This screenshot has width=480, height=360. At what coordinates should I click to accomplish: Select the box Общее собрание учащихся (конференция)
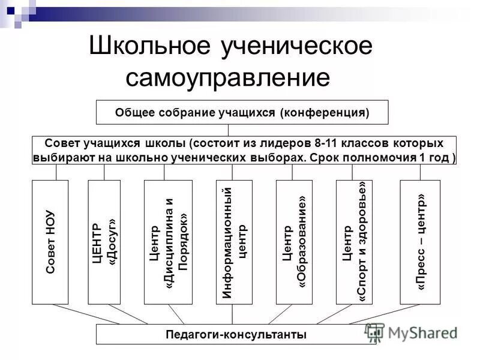coord(242,112)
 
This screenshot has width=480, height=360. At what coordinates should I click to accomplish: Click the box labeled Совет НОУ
coord(50,242)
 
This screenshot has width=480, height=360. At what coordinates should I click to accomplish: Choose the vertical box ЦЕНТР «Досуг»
coord(104,242)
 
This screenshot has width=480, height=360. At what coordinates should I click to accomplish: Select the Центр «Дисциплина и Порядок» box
coord(168,242)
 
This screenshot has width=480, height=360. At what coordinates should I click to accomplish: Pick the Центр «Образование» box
coord(294,242)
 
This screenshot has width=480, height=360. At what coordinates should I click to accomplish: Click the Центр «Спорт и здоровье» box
coord(354,242)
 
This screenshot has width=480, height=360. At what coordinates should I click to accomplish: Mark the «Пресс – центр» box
coord(420,242)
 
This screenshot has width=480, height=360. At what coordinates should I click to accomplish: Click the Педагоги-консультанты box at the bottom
coord(236,334)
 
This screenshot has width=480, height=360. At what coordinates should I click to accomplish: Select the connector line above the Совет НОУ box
coord(56,172)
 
